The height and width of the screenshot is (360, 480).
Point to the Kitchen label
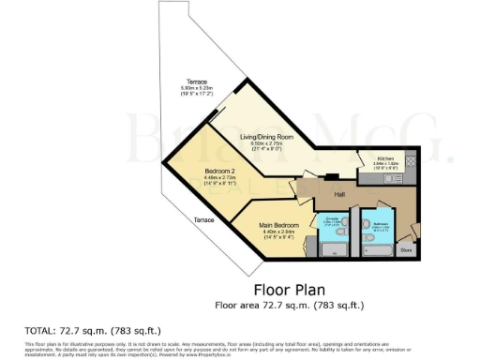(x=386, y=158)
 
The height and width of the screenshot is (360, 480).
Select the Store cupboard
(x=407, y=249)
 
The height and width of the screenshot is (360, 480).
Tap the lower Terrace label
(x=203, y=219)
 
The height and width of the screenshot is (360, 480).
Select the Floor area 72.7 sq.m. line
(x=289, y=305)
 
